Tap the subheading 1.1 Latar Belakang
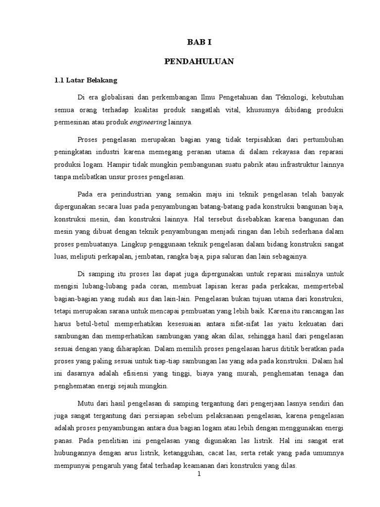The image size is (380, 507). click(x=85, y=80)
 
